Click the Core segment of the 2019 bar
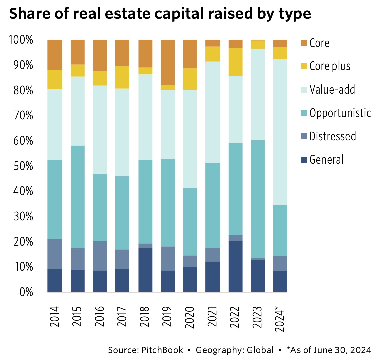click(x=168, y=62)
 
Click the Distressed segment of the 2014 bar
click(x=55, y=254)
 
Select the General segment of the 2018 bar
click(x=145, y=270)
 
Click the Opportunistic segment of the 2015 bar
click(x=77, y=196)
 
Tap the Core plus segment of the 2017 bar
click(x=122, y=77)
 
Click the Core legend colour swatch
click(x=303, y=43)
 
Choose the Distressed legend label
click(x=332, y=136)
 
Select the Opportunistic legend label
click(x=340, y=113)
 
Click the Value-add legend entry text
click(x=332, y=90)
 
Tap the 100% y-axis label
click(x=21, y=40)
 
